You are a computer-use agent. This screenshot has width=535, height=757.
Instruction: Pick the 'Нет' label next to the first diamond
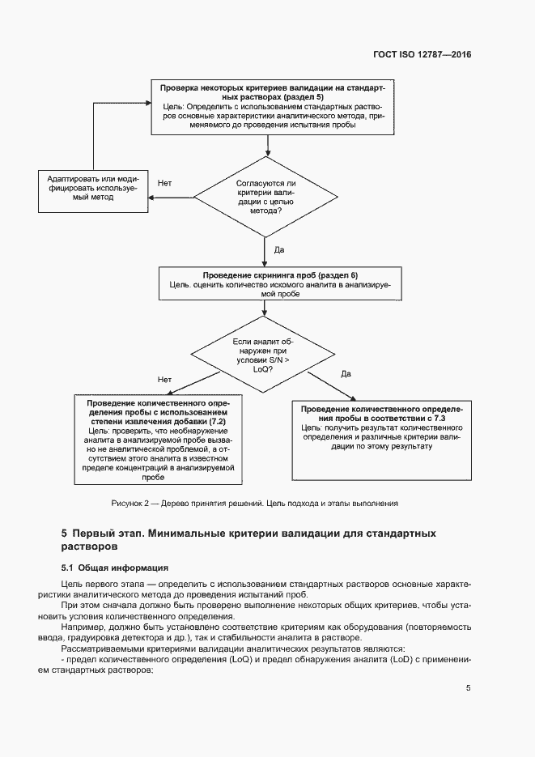click(164, 183)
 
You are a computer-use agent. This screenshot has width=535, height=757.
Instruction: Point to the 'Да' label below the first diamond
click(279, 249)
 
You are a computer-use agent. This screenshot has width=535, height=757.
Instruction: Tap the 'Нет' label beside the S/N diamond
click(165, 378)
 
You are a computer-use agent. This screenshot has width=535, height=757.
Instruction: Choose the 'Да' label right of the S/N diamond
click(346, 373)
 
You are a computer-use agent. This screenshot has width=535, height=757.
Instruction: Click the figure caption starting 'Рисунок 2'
click(254, 504)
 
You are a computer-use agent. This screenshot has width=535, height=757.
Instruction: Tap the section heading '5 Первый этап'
click(248, 540)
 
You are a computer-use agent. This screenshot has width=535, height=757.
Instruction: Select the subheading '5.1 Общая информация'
click(115, 567)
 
